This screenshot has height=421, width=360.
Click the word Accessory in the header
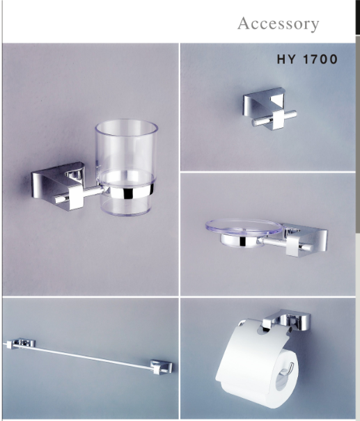click(278, 24)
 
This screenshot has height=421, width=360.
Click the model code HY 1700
click(307, 59)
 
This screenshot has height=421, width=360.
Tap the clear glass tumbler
click(126, 167)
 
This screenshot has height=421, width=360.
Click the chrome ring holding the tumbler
click(129, 193)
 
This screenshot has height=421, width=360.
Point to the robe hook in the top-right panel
click(269, 109)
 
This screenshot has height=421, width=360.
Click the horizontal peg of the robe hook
click(274, 118)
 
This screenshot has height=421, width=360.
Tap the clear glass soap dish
click(244, 227)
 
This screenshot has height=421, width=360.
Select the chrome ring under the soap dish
click(239, 241)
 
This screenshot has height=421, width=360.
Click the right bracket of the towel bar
click(161, 367)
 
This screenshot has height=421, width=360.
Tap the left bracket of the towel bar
click(21, 343)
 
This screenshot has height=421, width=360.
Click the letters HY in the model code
click(286, 59)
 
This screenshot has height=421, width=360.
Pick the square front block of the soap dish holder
click(293, 245)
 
